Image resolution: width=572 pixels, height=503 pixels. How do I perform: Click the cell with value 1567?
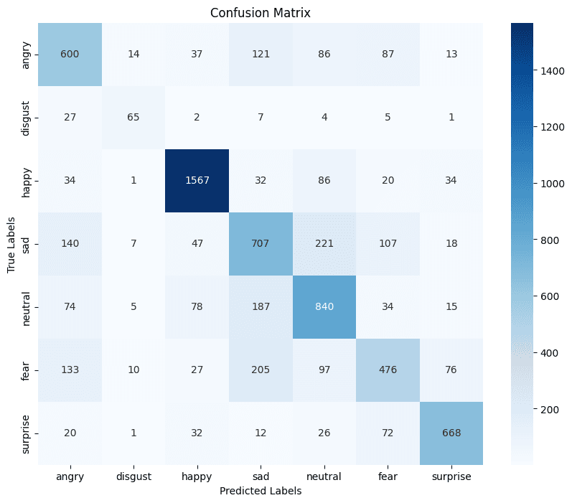[x=197, y=181]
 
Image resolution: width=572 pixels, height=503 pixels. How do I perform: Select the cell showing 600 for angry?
[x=70, y=55]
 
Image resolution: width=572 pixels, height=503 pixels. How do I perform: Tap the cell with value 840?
[x=324, y=307]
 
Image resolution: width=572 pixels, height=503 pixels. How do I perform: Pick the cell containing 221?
[x=324, y=244]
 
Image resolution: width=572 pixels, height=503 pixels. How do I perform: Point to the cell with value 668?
[x=451, y=433]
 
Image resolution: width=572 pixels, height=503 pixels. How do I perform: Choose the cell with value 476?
[x=387, y=370]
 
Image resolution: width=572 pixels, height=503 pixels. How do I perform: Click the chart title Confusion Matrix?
[x=260, y=13]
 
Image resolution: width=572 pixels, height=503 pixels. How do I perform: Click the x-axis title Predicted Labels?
[x=260, y=491]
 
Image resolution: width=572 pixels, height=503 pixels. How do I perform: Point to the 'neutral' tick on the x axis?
[x=324, y=476]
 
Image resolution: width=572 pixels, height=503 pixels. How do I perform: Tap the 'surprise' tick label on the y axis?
[x=26, y=433]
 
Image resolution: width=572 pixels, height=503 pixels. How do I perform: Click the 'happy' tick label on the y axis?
[x=26, y=181]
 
